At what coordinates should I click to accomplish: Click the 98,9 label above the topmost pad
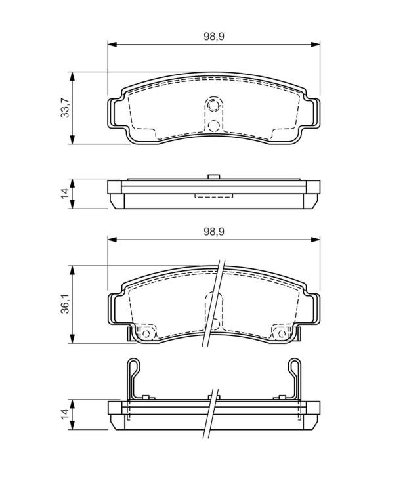tap(214, 37)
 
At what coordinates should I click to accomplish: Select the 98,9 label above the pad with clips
tap(214, 232)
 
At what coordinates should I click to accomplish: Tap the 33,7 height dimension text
tap(65, 108)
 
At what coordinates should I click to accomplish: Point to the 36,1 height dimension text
tap(65, 303)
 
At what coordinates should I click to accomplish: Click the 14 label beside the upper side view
tap(65, 193)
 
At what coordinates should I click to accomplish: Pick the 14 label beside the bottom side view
tap(65, 414)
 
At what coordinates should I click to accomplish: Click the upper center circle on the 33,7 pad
tap(213, 105)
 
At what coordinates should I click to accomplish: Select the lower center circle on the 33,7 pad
tap(213, 125)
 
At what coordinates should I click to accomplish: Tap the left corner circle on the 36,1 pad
tap(146, 333)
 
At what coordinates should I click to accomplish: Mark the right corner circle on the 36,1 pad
tap(282, 333)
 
